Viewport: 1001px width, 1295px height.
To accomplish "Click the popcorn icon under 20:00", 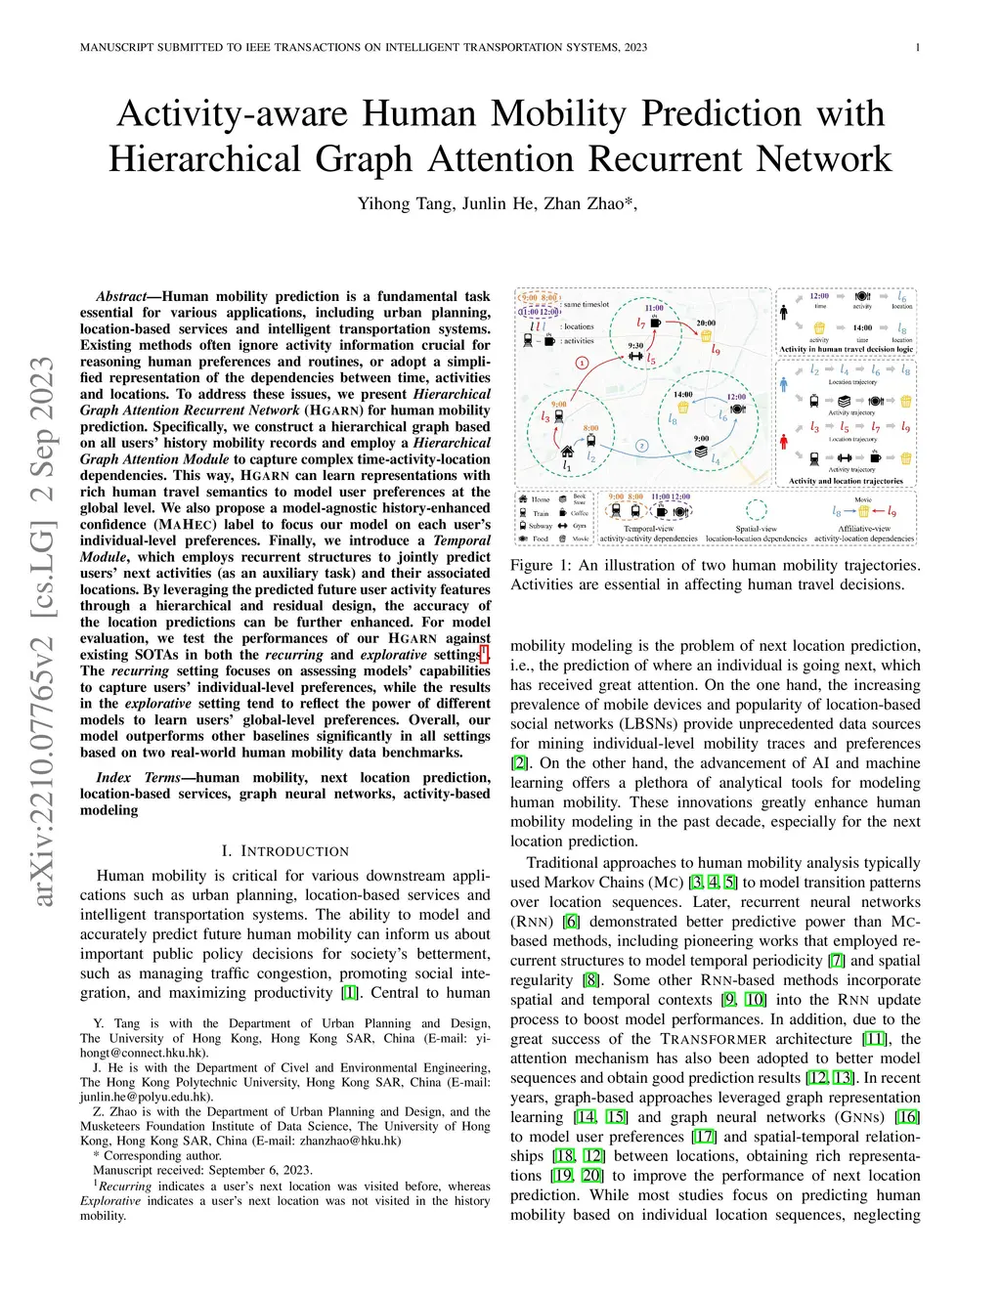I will pos(705,336).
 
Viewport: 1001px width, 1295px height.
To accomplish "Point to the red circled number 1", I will pos(583,362).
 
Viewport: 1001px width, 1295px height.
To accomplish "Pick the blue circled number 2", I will pos(641,446).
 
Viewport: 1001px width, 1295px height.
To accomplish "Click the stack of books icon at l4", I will pos(701,453).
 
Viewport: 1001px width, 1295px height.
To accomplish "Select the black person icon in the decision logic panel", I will pos(784,313).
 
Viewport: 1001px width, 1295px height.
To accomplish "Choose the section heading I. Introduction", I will pos(284,851).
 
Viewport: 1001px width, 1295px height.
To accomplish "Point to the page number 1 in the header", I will pos(918,47).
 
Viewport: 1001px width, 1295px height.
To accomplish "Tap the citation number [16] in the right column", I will pos(907,1117).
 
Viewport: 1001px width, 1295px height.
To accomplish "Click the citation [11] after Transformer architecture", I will pos(875,1039).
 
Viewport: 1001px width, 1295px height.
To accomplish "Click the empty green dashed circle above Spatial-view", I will pos(756,511).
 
